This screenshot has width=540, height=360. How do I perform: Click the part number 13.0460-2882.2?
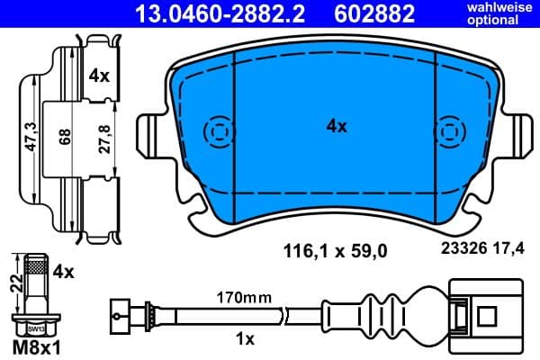(x=220, y=13)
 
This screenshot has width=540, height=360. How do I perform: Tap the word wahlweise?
(x=508, y=7)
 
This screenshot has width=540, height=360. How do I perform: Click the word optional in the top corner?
(x=508, y=20)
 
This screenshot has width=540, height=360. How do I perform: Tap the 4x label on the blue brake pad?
(x=336, y=127)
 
